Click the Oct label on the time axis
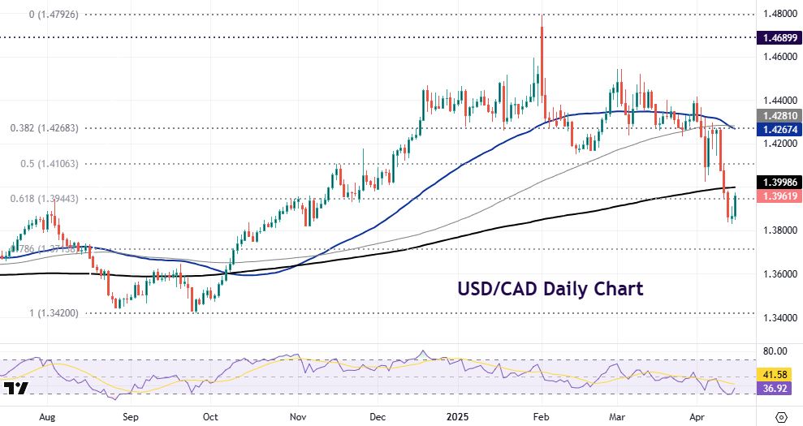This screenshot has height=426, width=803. (x=210, y=417)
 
